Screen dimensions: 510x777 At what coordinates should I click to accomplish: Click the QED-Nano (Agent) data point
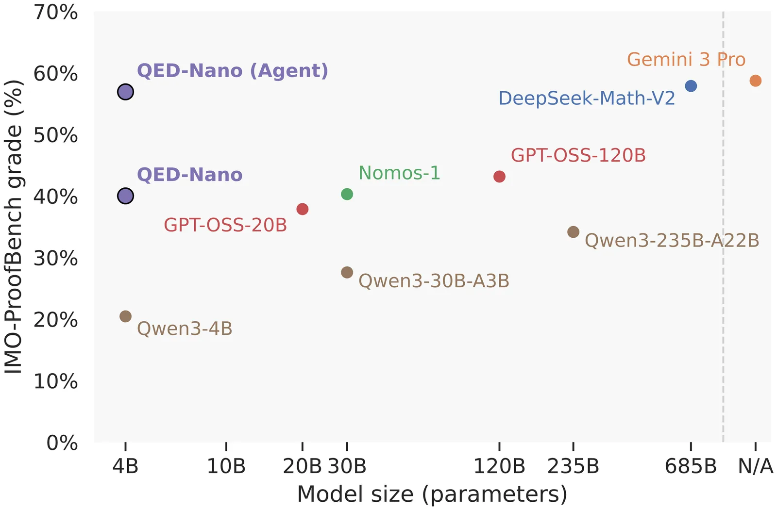click(125, 92)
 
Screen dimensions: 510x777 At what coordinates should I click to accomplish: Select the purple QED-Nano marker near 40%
click(125, 196)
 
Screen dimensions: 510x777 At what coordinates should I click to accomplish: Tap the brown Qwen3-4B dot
click(125, 316)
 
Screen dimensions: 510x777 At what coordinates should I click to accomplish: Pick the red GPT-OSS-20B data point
click(302, 209)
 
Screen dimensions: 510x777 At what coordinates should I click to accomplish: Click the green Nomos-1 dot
click(347, 194)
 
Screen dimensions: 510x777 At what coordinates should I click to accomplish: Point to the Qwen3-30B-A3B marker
click(347, 272)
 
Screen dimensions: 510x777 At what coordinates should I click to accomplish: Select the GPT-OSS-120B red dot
click(499, 177)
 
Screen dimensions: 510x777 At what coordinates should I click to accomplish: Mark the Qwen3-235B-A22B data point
click(573, 232)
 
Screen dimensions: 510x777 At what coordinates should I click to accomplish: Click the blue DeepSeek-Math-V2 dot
click(691, 86)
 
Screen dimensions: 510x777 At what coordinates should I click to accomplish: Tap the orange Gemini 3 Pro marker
click(755, 81)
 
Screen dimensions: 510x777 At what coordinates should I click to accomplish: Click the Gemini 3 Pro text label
click(686, 60)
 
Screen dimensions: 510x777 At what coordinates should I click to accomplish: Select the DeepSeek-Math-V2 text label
click(587, 99)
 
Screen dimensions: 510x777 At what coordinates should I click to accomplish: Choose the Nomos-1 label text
click(399, 173)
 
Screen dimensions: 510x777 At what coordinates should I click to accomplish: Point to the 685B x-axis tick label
click(691, 466)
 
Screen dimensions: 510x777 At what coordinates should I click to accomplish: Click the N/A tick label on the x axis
click(755, 466)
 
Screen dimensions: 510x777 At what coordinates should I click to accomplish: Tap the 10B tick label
click(226, 466)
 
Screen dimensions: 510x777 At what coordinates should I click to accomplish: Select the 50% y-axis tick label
click(55, 135)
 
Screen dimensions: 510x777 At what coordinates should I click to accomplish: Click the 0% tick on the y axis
click(62, 443)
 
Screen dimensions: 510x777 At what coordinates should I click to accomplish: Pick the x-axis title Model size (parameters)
click(432, 494)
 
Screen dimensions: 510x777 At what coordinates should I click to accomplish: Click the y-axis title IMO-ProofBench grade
click(14, 227)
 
